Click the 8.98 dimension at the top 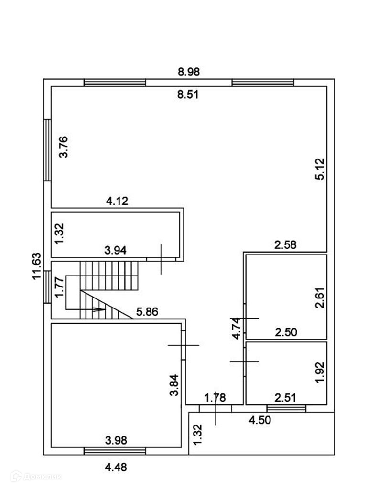point(188,72)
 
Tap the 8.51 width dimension point(188,94)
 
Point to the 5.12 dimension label point(320,169)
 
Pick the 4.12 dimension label point(118,202)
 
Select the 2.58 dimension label point(285,245)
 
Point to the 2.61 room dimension point(320,298)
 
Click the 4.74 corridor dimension point(236,328)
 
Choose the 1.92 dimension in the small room point(320,372)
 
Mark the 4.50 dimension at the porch point(261,420)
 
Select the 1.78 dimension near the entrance point(215,397)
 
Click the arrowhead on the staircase point(100,309)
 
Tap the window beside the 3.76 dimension point(47,149)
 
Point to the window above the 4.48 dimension point(115,451)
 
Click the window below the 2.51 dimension point(286,408)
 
